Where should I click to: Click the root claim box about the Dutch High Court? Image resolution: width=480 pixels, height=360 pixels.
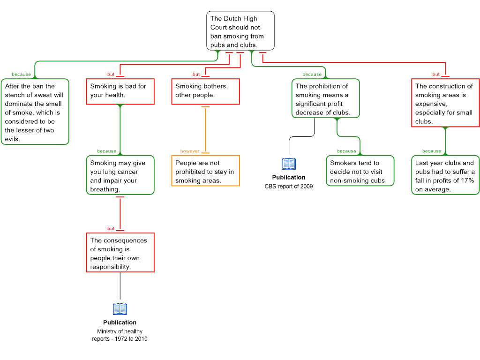tap(240, 31)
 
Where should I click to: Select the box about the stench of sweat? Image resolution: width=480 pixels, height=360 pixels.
tap(35, 112)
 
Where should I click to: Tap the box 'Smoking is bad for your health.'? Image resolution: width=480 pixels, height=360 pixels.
tap(120, 91)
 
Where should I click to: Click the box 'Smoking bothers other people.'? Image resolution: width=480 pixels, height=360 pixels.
tap(205, 91)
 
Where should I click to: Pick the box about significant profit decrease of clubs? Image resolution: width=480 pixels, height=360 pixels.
tap(326, 99)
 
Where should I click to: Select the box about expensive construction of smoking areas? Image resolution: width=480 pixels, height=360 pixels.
tap(445, 103)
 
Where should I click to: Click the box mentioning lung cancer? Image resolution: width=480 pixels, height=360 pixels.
tap(120, 176)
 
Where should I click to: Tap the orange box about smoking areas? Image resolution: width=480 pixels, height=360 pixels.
tap(205, 171)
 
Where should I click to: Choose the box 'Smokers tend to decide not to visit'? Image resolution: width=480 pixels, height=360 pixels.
tap(360, 171)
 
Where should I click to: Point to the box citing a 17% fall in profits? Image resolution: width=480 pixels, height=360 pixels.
tap(445, 176)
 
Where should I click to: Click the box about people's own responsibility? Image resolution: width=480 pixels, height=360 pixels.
tap(120, 253)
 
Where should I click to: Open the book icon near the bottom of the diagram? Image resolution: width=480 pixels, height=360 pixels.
tap(120, 309)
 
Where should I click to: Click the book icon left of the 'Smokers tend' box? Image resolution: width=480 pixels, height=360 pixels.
tap(289, 164)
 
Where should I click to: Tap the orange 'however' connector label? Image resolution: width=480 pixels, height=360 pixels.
tap(190, 151)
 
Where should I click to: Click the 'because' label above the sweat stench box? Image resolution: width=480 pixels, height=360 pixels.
tap(22, 75)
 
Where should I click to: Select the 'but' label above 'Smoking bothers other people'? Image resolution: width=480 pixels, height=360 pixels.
tap(196, 75)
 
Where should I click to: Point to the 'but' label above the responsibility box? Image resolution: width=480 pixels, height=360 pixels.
tap(111, 229)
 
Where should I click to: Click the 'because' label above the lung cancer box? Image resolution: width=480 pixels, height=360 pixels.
tap(107, 151)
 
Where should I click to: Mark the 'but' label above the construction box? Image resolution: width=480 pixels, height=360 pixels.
tap(436, 75)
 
